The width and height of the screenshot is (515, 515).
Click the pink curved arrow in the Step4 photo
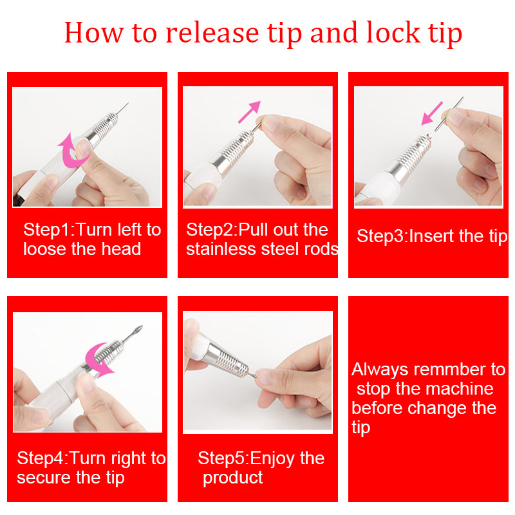click(x=99, y=358)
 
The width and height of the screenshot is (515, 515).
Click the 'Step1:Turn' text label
click(x=72, y=230)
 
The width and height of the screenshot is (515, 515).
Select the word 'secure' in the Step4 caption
click(x=42, y=478)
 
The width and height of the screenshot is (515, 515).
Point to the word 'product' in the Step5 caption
click(x=232, y=478)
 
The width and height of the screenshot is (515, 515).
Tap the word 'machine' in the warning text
click(x=461, y=389)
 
